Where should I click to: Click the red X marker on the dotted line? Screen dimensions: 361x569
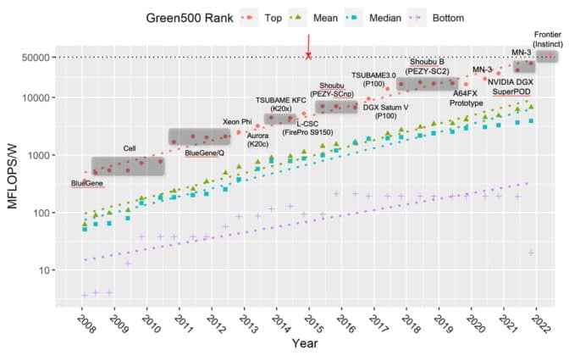[x=309, y=56]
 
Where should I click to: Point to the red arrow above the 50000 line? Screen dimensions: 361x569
[x=309, y=42]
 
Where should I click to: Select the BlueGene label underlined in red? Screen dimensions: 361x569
[x=88, y=183]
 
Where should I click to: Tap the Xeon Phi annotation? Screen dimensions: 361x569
[x=237, y=122]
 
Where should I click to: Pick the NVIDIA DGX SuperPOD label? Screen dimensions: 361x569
[x=511, y=86]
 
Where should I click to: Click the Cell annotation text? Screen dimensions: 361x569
[x=130, y=148]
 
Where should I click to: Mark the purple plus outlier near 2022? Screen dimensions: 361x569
[x=531, y=253]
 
